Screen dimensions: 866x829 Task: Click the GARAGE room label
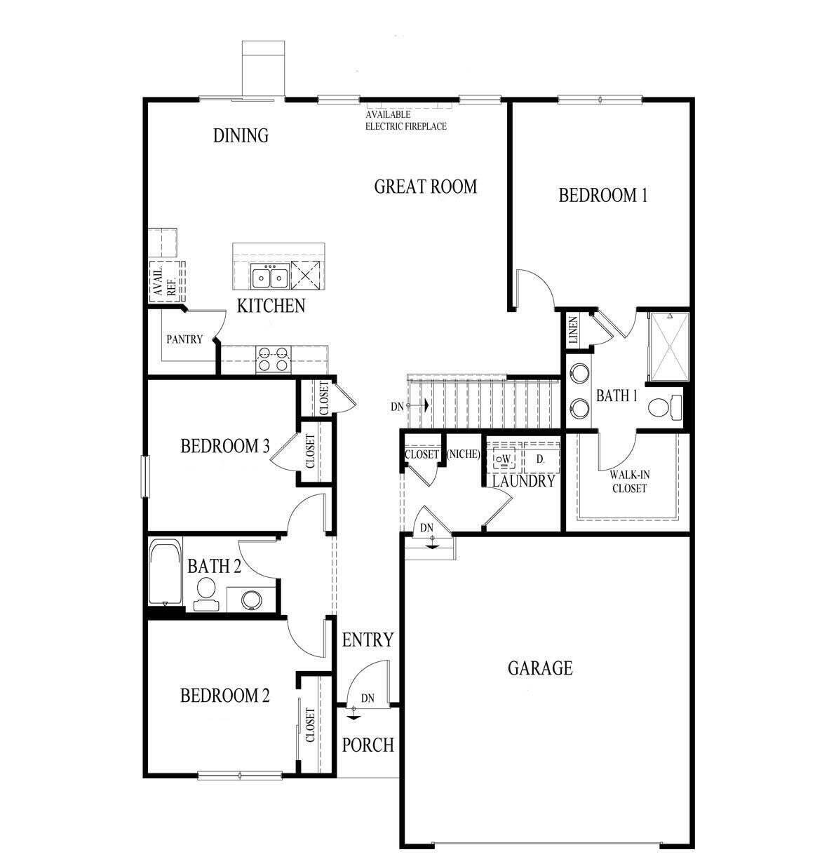[540, 668]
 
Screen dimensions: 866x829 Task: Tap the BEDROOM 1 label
[602, 195]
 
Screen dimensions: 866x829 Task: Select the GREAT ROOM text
[425, 187]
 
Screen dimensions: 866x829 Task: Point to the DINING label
[241, 135]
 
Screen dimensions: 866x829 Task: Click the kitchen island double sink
[270, 278]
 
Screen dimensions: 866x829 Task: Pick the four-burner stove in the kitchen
[273, 359]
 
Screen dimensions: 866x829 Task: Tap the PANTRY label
[184, 339]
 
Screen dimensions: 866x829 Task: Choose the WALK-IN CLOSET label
[629, 482]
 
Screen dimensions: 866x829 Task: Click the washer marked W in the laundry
[504, 460]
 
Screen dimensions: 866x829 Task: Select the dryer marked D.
[541, 460]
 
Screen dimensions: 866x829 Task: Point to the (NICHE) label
[463, 454]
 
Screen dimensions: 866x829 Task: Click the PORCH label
[368, 745]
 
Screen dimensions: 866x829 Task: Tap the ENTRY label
[368, 640]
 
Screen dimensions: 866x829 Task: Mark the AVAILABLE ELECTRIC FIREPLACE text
[405, 121]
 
